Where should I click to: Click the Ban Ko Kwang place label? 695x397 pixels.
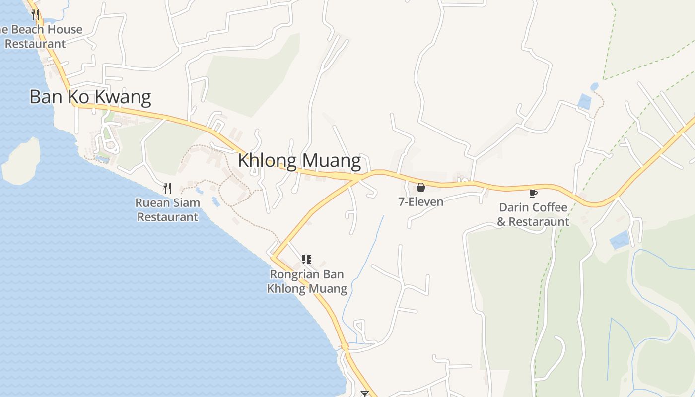coord(90,97)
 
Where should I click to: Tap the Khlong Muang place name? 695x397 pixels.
coord(299,161)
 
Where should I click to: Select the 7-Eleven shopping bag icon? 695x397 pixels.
coord(421,187)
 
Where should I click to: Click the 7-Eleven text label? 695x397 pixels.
coord(421,202)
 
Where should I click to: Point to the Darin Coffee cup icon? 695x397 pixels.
coord(533,193)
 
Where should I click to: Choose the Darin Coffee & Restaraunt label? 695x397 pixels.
coord(533,214)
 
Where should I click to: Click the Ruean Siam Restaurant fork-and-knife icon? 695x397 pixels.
coord(167,188)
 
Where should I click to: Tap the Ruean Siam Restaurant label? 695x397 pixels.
coord(168,210)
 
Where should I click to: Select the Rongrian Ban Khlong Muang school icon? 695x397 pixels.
coord(307,260)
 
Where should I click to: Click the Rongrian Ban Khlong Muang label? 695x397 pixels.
coord(307,281)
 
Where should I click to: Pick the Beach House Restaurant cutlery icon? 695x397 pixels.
coord(35,15)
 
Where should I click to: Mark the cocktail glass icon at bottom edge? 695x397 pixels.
coord(365,394)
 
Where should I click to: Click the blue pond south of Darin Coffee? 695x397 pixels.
coord(620,240)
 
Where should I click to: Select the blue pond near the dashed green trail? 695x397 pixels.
coord(585,101)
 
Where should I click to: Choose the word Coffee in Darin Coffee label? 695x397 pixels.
coord(550,207)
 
